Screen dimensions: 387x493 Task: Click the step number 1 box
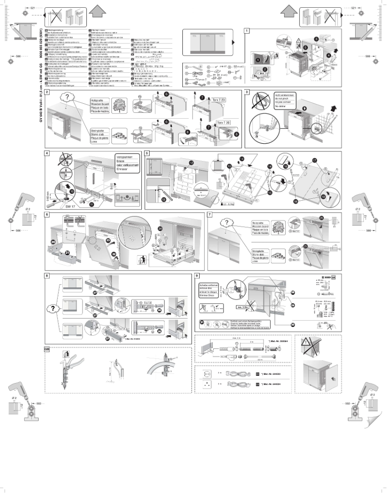click(x=247, y=31)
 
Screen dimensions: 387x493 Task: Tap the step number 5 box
click(x=147, y=153)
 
